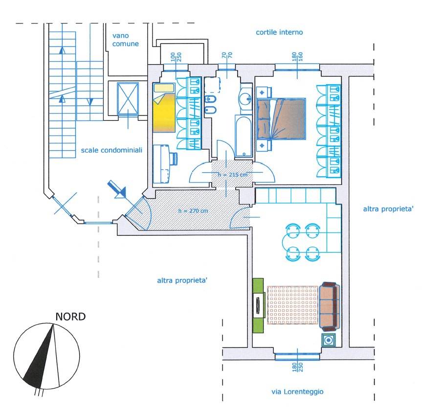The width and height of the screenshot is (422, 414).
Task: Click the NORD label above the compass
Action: tap(70, 317)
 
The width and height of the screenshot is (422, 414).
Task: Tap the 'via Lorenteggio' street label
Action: tap(297, 391)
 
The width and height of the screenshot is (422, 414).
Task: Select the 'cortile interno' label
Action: tap(279, 32)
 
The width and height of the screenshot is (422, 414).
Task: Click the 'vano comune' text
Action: tap(125, 40)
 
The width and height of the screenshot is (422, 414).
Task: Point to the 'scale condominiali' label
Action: tap(111, 150)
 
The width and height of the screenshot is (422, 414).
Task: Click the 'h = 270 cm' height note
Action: tap(193, 210)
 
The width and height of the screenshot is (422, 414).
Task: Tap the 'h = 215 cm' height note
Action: tap(233, 175)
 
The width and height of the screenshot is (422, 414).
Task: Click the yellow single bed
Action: tap(164, 108)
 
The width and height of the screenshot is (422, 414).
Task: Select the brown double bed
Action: tap(282, 119)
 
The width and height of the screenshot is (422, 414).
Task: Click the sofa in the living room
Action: tap(330, 306)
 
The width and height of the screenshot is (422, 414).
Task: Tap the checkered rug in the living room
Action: tap(293, 305)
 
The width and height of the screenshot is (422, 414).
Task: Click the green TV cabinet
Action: tap(259, 305)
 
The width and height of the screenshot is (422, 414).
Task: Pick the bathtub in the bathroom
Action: tap(244, 136)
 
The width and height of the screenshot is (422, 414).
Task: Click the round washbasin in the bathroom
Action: tap(245, 98)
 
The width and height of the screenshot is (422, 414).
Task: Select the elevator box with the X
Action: tap(128, 98)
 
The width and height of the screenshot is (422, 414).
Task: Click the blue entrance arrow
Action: tap(117, 189)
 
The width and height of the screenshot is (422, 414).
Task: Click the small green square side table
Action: tap(329, 340)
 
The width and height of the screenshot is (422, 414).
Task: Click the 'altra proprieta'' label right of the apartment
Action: tap(388, 209)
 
